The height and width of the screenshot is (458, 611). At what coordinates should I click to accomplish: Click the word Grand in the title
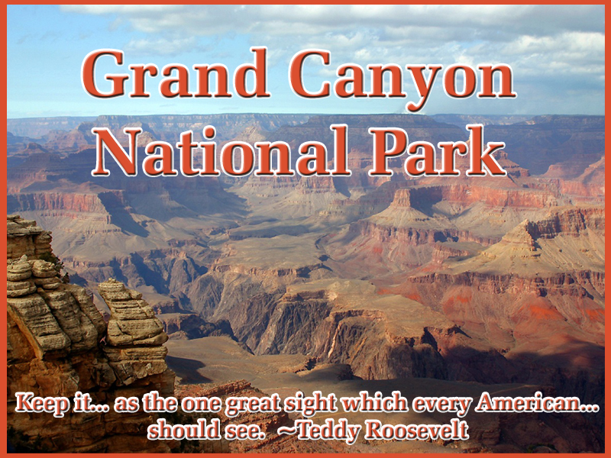(x=176, y=73)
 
